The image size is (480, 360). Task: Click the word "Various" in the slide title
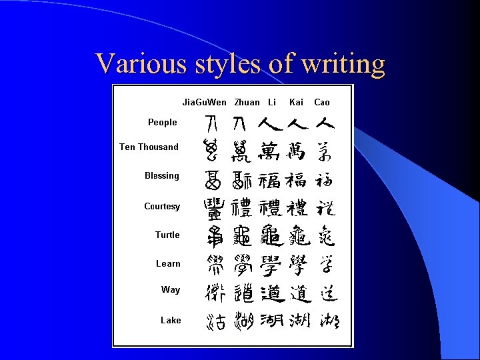132,64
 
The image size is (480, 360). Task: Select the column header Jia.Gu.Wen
205,102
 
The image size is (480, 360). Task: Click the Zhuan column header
247,102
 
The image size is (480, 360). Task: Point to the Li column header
272,102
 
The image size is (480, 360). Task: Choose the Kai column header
296,102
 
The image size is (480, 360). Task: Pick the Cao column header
322,102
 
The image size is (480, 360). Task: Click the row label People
163,122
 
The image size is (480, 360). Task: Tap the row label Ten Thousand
149,147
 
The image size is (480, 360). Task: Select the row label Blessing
162,175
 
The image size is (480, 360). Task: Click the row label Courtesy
162,206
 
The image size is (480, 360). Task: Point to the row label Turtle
167,235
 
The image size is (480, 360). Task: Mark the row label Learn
168,263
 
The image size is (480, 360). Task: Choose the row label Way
171,289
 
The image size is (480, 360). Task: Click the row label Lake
171,320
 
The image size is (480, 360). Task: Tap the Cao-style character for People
325,123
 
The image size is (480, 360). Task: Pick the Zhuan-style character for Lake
243,322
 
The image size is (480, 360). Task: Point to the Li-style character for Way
271,291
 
